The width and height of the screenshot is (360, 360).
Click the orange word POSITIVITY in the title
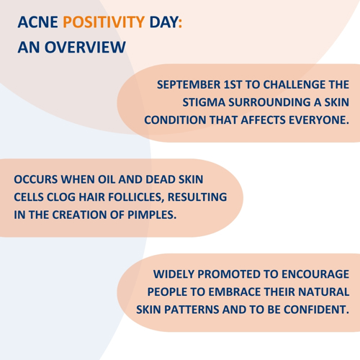pos(104,22)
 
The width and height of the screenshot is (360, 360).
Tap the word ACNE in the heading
pos(37,22)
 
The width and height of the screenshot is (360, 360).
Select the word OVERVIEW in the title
pos(85,47)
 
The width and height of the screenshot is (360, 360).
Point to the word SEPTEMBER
pos(189,85)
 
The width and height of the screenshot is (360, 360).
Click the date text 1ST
pos(233,85)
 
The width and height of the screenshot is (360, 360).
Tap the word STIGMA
pos(204,102)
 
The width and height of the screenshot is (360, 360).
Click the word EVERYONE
pos(319,120)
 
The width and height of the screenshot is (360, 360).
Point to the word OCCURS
pos(36,179)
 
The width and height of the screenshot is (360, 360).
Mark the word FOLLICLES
pos(136,197)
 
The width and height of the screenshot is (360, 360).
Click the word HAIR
pos(92,197)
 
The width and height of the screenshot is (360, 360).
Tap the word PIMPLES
pos(152,215)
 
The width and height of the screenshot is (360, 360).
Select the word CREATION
pos(79,215)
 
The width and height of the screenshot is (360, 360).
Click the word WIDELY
pos(174,274)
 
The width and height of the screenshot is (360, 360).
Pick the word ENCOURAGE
pos(315,274)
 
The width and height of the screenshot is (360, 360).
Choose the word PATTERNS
pos(192,310)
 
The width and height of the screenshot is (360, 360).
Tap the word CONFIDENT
pos(316,310)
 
